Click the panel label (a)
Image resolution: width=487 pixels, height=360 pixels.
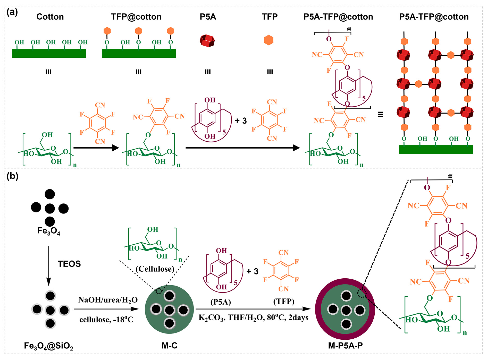(12, 12)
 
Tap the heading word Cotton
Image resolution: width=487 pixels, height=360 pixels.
(50, 17)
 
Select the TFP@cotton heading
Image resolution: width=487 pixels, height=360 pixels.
(136, 17)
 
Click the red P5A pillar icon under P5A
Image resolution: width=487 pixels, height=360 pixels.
(207, 41)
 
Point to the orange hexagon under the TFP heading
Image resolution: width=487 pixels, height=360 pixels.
(268, 40)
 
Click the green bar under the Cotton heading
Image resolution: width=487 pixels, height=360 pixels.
(49, 53)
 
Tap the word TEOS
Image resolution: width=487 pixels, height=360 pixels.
(69, 264)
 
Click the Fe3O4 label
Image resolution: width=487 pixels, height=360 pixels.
(49, 231)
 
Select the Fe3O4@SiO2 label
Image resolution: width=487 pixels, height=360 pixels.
(48, 346)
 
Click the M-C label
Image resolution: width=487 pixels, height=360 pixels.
(169, 346)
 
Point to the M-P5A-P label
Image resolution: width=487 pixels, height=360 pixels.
(345, 346)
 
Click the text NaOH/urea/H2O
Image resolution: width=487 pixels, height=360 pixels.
(108, 300)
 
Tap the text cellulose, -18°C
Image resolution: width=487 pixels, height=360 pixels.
(106, 320)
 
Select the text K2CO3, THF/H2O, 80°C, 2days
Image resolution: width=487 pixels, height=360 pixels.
(253, 318)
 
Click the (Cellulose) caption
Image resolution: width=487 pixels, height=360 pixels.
(155, 269)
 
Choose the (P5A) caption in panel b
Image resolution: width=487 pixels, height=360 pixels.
(221, 302)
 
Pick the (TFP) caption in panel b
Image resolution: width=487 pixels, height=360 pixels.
(284, 301)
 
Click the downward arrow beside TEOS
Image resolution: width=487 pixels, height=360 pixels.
(49, 265)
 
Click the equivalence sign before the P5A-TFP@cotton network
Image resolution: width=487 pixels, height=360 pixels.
(380, 114)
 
